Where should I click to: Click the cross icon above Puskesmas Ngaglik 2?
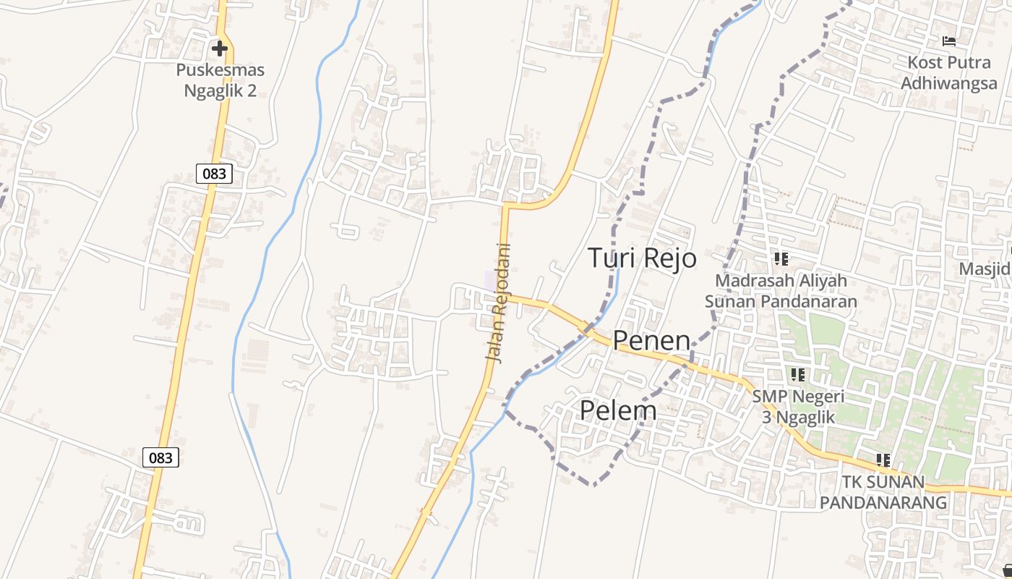pyautogui.click(x=220, y=48)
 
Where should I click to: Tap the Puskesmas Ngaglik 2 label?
pyautogui.click(x=220, y=80)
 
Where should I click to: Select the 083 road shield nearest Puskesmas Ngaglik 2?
pyautogui.click(x=214, y=173)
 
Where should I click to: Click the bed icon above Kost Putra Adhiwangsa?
pyautogui.click(x=949, y=41)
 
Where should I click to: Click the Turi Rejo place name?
pyautogui.click(x=642, y=258)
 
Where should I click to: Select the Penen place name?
pyautogui.click(x=651, y=340)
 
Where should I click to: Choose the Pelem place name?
pyautogui.click(x=618, y=410)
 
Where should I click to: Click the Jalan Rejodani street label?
pyautogui.click(x=499, y=303)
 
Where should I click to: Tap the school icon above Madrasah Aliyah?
pyautogui.click(x=781, y=258)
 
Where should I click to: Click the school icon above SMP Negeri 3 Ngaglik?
pyautogui.click(x=798, y=374)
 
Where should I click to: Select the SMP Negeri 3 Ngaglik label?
pyautogui.click(x=798, y=407)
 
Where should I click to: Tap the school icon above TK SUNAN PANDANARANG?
pyautogui.click(x=883, y=460)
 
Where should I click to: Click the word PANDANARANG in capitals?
pyautogui.click(x=883, y=502)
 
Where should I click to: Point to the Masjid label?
pyautogui.click(x=985, y=269)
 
